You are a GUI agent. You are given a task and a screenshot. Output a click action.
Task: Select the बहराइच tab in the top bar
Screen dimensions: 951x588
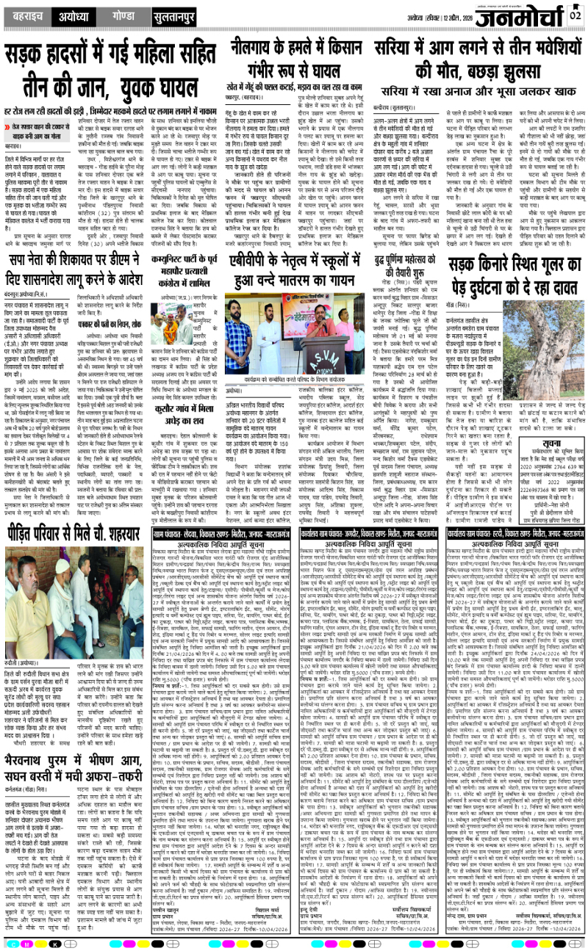click(x=25, y=14)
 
